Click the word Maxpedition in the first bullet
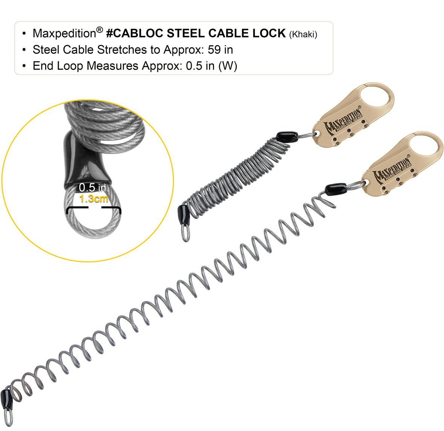64,33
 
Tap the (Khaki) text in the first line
303,35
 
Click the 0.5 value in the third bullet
194,66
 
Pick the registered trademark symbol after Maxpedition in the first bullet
99,29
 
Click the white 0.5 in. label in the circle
93,187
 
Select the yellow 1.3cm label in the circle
94,199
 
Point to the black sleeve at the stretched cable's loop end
6,401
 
